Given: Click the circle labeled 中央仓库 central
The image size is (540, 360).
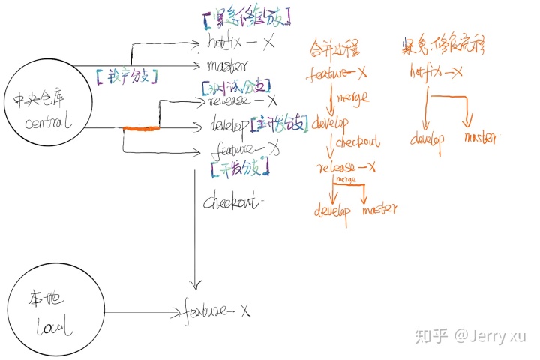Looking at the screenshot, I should pyautogui.click(x=46, y=113).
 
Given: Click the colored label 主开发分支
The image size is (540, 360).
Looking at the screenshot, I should pyautogui.click(x=280, y=124).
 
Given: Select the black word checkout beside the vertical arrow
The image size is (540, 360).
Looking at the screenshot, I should pyautogui.click(x=235, y=202).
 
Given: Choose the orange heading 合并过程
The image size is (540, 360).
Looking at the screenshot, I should pyautogui.click(x=334, y=50).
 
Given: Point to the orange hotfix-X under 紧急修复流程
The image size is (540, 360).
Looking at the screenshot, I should pyautogui.click(x=436, y=73).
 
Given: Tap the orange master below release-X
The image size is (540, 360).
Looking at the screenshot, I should pyautogui.click(x=379, y=210).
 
